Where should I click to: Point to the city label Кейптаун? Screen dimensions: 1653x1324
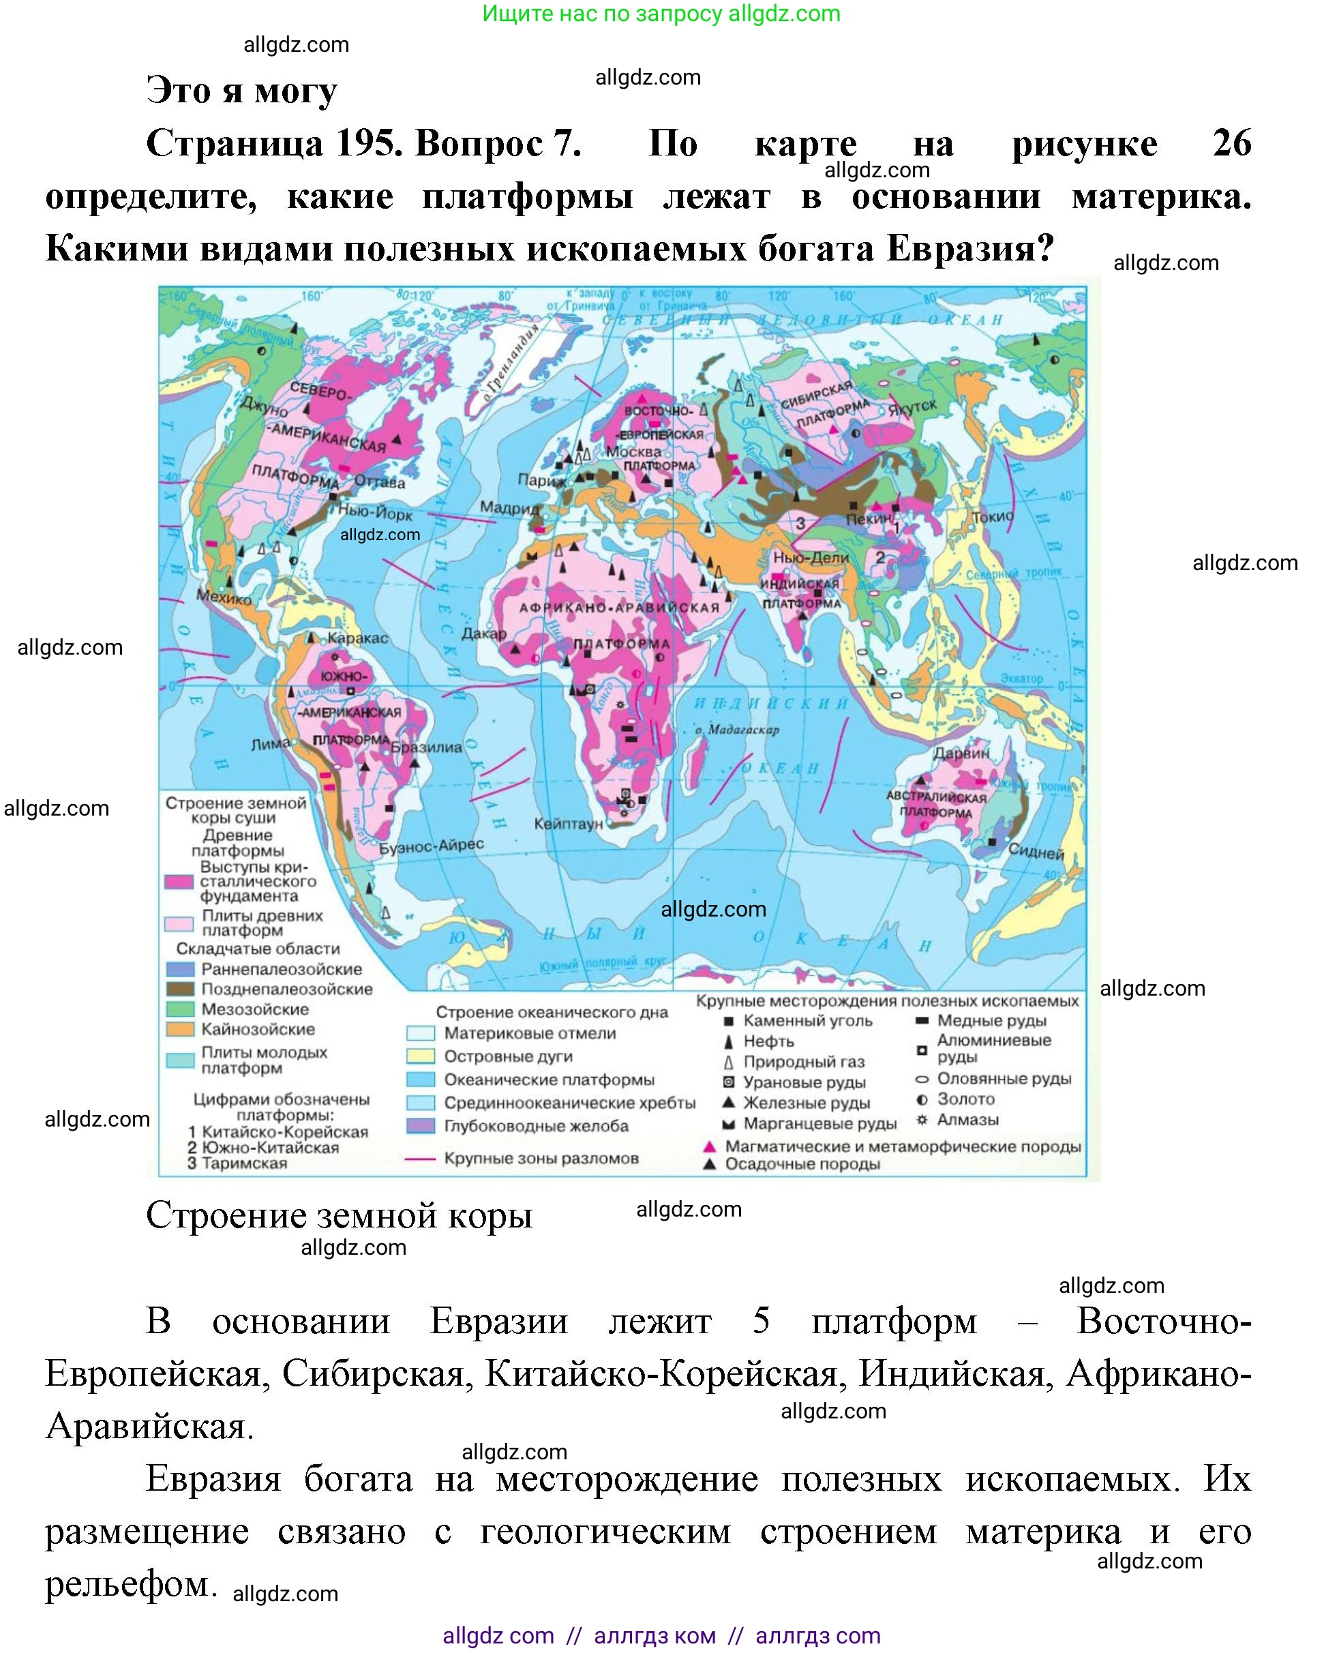pos(568,824)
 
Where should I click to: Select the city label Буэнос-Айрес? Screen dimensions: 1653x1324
pos(432,846)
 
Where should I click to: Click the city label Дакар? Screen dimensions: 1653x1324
pos(484,634)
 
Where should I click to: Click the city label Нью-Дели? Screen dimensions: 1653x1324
pos(811,557)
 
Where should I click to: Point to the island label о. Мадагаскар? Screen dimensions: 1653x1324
pos(737,729)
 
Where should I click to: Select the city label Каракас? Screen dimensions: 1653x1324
pos(357,638)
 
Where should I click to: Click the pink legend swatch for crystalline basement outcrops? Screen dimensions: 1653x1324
pos(179,882)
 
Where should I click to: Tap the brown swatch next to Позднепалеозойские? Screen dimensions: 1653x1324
pos(180,989)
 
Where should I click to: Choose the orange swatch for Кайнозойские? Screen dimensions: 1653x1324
pos(180,1029)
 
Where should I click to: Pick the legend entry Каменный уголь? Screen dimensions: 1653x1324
pos(807,1020)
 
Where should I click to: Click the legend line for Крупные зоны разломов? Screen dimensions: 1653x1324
pos(420,1159)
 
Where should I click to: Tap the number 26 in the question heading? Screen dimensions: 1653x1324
pos(1231,143)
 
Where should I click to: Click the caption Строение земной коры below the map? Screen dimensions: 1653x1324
pos(339,1215)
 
